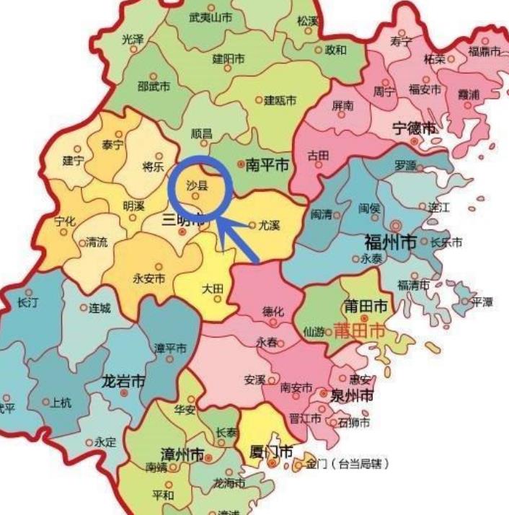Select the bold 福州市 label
(x=390, y=241)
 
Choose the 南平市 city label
(x=267, y=165)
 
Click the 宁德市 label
(x=415, y=128)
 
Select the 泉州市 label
(x=351, y=395)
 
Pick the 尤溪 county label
(x=268, y=225)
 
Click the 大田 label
(x=213, y=289)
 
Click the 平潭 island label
(x=482, y=302)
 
